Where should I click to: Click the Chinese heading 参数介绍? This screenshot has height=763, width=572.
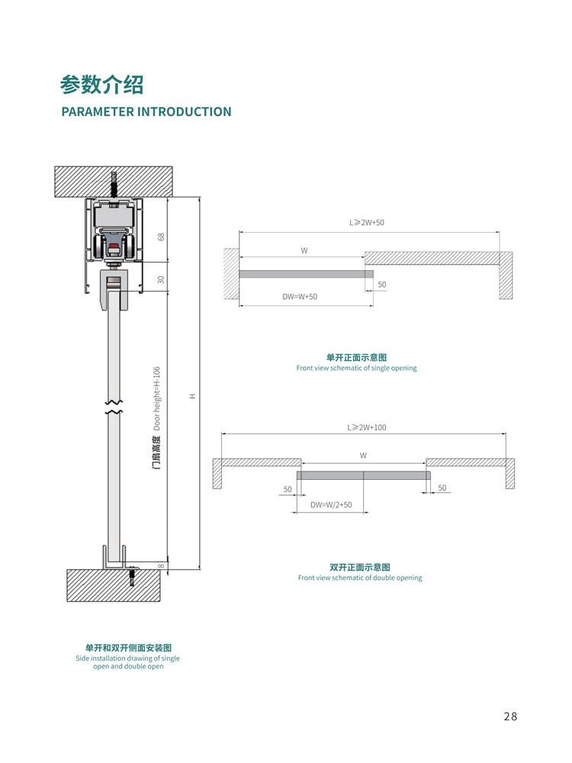(102, 83)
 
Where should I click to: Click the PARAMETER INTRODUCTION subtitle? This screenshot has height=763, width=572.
(146, 111)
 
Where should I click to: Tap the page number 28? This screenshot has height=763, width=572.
(510, 716)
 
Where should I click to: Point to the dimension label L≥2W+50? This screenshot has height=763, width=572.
(367, 223)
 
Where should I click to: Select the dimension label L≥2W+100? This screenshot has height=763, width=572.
(367, 427)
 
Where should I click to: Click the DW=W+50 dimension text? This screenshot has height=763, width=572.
(299, 297)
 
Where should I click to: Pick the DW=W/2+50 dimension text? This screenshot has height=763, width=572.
(331, 504)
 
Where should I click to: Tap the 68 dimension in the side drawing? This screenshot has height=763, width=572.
(161, 237)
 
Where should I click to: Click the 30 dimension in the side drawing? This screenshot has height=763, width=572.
(161, 279)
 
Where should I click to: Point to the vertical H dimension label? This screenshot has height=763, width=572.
(193, 396)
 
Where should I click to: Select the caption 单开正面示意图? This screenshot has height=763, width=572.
(356, 357)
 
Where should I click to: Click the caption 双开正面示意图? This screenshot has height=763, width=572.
(359, 567)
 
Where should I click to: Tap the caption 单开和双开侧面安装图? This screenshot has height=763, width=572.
(127, 647)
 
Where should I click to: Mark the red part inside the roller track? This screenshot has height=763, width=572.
(114, 247)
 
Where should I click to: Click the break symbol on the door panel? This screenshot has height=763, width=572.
(114, 407)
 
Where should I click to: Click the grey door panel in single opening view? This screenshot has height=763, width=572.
(306, 274)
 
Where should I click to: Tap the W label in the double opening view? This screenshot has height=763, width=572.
(363, 456)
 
